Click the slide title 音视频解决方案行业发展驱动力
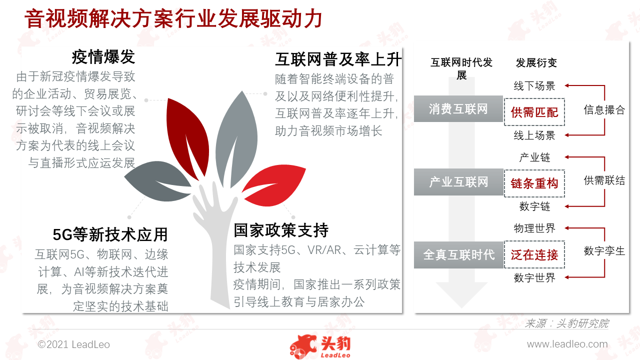[x=173, y=18]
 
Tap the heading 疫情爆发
[x=103, y=56]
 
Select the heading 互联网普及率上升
[x=338, y=59]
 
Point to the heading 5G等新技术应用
[x=110, y=234]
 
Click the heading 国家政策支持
[x=281, y=230]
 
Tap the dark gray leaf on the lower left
[x=157, y=181]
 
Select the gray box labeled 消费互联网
[x=458, y=109]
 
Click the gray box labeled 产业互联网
[x=458, y=182]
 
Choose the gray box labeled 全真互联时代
[x=458, y=255]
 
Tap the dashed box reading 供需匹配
[x=534, y=112]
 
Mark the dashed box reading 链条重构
[x=534, y=183]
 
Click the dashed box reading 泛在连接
[x=534, y=254]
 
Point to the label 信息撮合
[x=604, y=109]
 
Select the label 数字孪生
[x=604, y=251]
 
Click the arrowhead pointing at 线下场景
[x=567, y=85]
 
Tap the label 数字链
[x=534, y=206]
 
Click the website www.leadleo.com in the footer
[x=567, y=344]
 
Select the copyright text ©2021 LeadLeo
[x=73, y=344]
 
